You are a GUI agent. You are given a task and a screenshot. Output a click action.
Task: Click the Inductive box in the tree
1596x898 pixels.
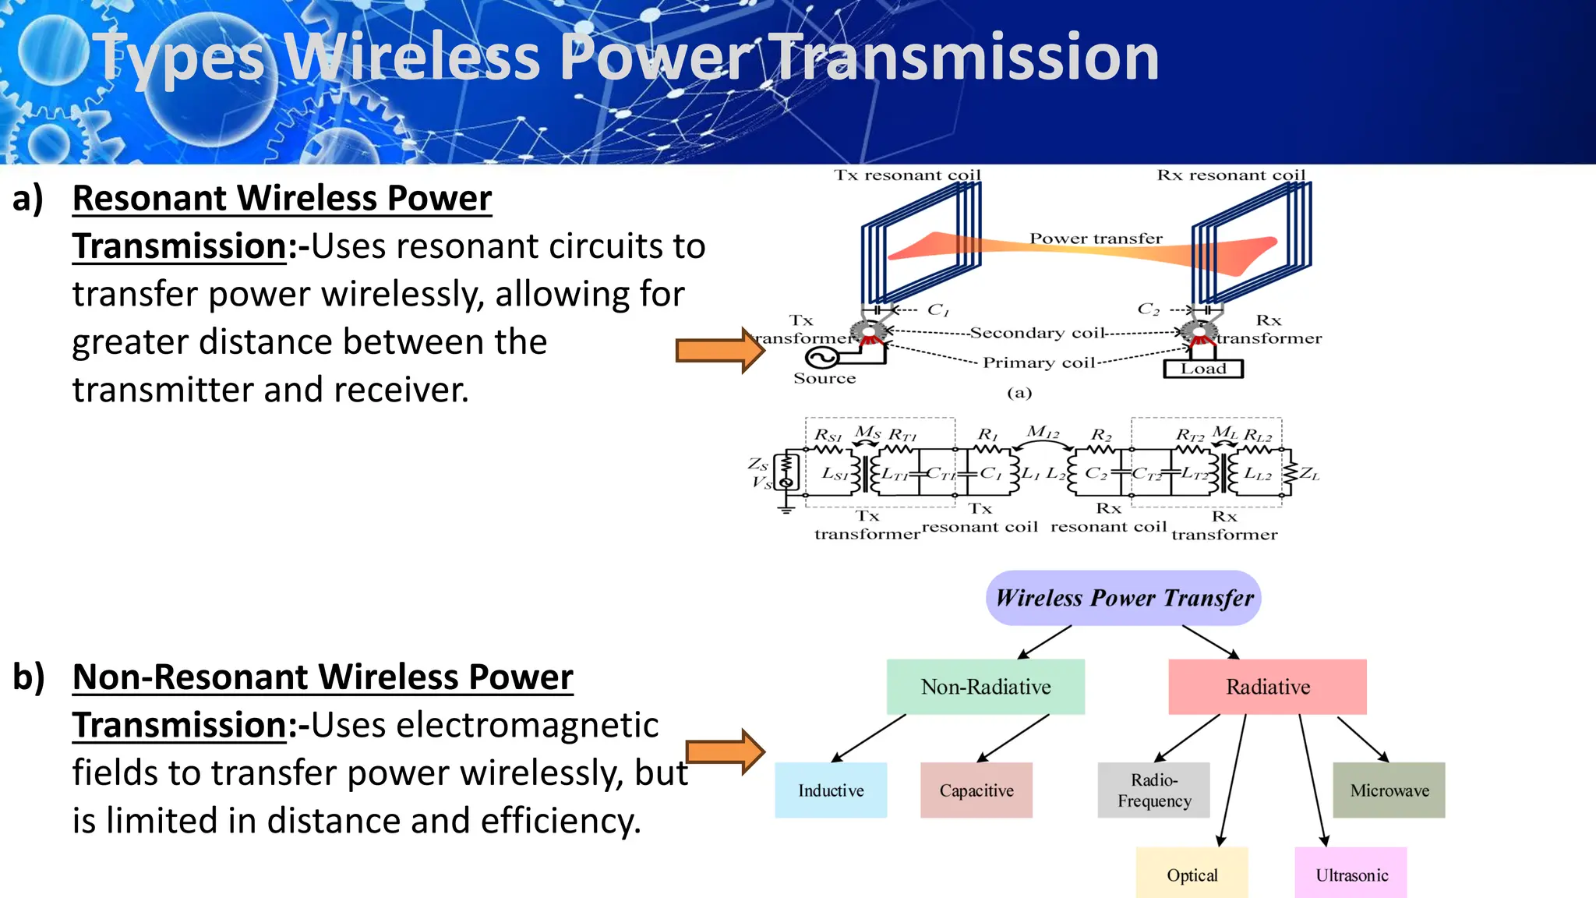(x=831, y=790)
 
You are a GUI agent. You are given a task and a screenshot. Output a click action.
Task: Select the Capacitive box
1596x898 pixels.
(x=976, y=790)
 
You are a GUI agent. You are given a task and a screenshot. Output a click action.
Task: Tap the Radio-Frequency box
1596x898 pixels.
(x=1153, y=790)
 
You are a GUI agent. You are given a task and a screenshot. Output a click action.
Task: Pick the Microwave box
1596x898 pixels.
(x=1389, y=790)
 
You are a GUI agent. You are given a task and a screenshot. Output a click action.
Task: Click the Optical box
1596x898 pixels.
(x=1192, y=874)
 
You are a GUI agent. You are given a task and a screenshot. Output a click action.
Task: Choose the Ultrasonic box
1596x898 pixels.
(x=1351, y=874)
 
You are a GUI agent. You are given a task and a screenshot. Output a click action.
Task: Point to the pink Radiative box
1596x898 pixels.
(x=1267, y=686)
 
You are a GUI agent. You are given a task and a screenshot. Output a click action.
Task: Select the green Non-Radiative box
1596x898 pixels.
(x=985, y=686)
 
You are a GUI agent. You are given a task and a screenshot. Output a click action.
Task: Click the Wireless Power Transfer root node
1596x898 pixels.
(x=1124, y=598)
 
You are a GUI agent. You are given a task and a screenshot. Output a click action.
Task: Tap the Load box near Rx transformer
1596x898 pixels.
(x=1202, y=369)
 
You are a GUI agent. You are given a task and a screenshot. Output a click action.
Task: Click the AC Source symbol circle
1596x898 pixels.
(x=821, y=358)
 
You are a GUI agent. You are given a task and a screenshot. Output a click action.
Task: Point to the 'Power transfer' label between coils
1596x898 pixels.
(x=1096, y=239)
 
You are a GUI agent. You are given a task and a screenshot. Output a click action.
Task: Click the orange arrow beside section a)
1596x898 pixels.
(x=719, y=350)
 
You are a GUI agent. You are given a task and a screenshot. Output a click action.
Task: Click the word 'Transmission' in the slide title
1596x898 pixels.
(x=965, y=57)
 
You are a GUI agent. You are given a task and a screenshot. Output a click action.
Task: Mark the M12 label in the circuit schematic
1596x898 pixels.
(x=1043, y=432)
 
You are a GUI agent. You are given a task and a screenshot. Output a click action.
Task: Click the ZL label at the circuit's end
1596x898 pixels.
(x=1309, y=474)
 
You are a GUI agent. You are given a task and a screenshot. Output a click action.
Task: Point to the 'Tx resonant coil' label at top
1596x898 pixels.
(x=907, y=175)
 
